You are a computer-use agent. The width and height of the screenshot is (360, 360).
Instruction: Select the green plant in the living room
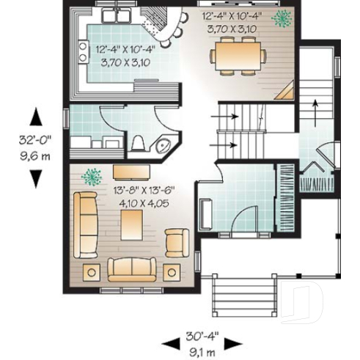[x=92, y=176]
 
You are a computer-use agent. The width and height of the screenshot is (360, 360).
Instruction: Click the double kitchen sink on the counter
[x=117, y=15]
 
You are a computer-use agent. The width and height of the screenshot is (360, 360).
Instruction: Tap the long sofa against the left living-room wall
[x=87, y=225]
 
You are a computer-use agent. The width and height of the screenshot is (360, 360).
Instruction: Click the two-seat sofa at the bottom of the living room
[x=132, y=269]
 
